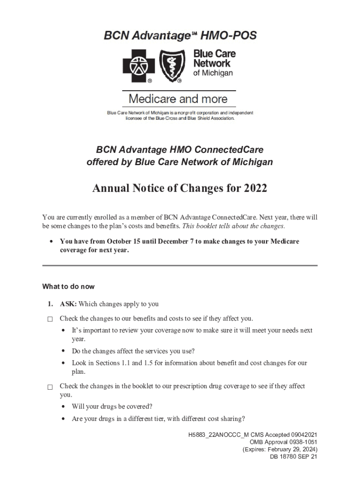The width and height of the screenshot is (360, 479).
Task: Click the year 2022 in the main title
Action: pos(255,189)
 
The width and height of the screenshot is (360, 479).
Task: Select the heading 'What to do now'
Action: pos(68,286)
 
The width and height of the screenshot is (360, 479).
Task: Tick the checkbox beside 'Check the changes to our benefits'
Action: pos(50,319)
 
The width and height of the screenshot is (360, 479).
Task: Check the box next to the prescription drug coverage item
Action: pos(50,387)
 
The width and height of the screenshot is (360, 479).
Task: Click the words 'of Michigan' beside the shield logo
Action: pos(213,73)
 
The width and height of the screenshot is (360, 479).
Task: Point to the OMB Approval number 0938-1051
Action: pos(299,442)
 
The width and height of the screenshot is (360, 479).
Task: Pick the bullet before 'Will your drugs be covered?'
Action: pos(63,406)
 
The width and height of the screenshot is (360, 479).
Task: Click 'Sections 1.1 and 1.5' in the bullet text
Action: pos(115,363)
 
